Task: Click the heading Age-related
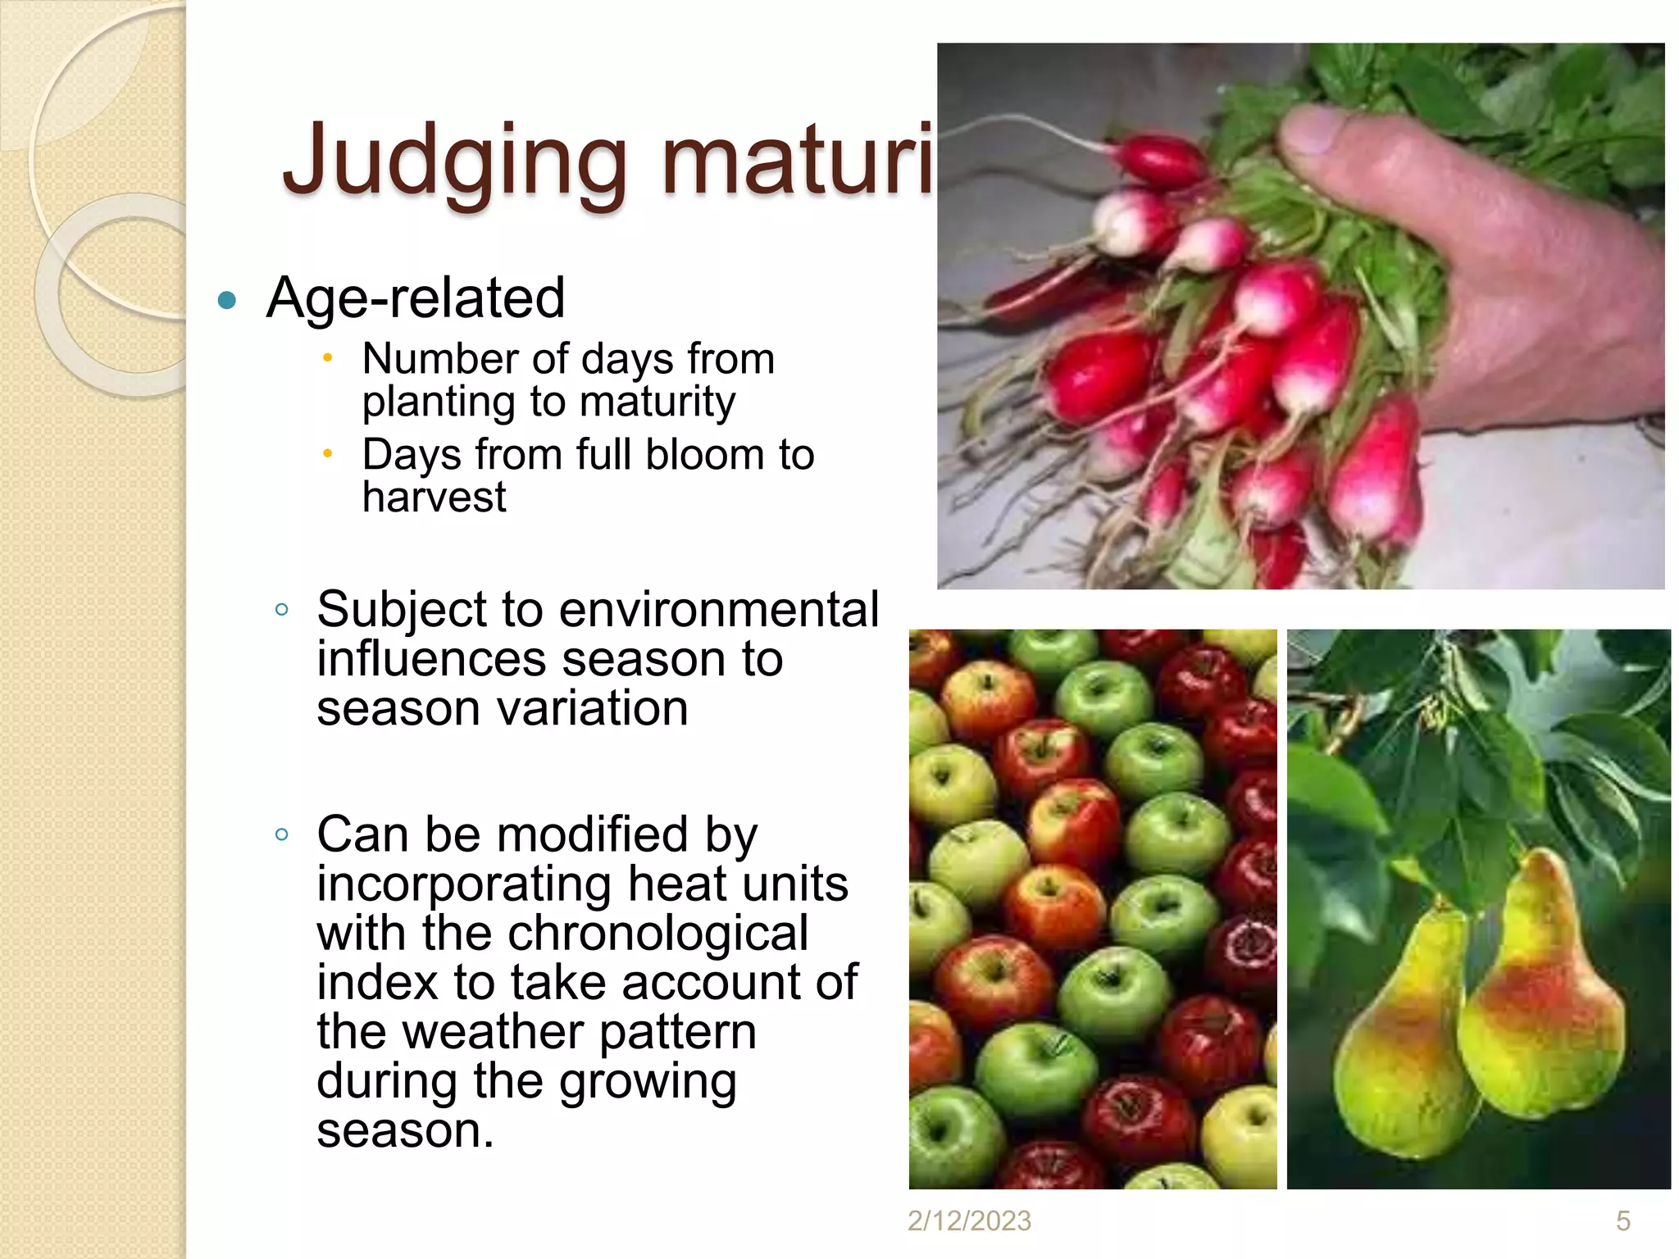point(416,298)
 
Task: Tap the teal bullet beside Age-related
point(227,300)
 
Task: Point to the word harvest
point(435,498)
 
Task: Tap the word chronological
point(657,934)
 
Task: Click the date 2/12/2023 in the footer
point(969,1221)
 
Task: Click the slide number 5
point(1622,1221)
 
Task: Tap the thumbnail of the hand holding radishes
point(1300,316)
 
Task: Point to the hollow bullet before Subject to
point(282,609)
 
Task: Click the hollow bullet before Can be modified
point(282,834)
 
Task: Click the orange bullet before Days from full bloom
point(327,453)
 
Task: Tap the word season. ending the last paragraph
point(405,1131)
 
